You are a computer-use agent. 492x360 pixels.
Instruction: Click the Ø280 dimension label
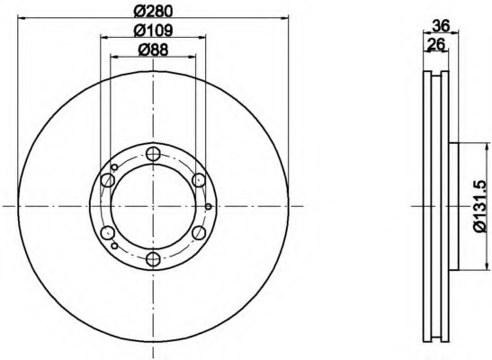click(x=153, y=11)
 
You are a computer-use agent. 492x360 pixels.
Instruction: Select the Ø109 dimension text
click(x=153, y=31)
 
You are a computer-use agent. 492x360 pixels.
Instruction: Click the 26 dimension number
click(x=436, y=45)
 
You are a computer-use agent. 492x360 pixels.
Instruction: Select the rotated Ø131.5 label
click(x=479, y=206)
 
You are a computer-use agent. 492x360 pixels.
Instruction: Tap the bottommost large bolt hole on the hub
click(x=153, y=259)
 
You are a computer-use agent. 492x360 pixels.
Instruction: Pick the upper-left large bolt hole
click(x=108, y=181)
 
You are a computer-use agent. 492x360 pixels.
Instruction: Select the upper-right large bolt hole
click(x=199, y=181)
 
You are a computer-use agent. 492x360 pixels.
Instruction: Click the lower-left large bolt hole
click(x=108, y=233)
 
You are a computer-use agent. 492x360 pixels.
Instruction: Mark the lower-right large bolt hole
click(x=199, y=233)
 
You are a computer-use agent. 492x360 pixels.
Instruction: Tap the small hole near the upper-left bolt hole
click(x=115, y=166)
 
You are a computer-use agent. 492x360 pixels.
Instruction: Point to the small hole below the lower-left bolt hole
click(x=114, y=245)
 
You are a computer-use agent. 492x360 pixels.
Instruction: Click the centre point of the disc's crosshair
click(x=153, y=206)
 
